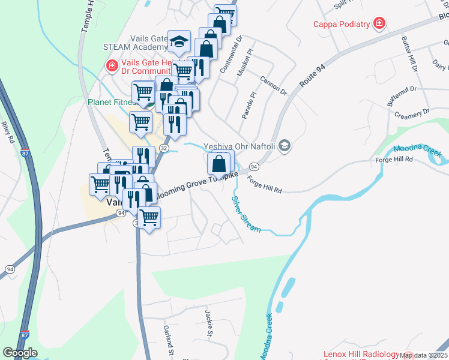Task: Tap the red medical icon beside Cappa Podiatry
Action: (379, 24)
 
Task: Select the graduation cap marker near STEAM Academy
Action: (178, 41)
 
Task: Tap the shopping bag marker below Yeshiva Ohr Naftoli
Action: (219, 163)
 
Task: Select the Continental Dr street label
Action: (230, 55)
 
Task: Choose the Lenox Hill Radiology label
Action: (361, 355)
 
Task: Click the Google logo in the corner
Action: (20, 353)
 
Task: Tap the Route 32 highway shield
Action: (164, 148)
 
